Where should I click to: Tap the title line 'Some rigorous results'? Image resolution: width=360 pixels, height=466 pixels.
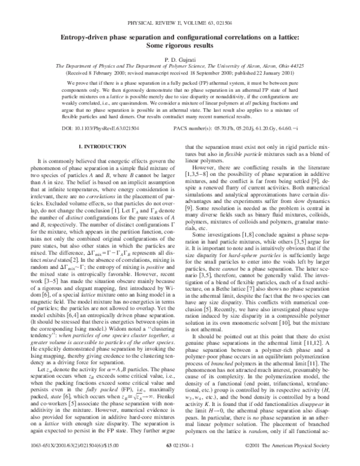pos(180,46)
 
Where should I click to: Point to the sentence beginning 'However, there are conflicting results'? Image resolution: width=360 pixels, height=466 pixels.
pos(240,181)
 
